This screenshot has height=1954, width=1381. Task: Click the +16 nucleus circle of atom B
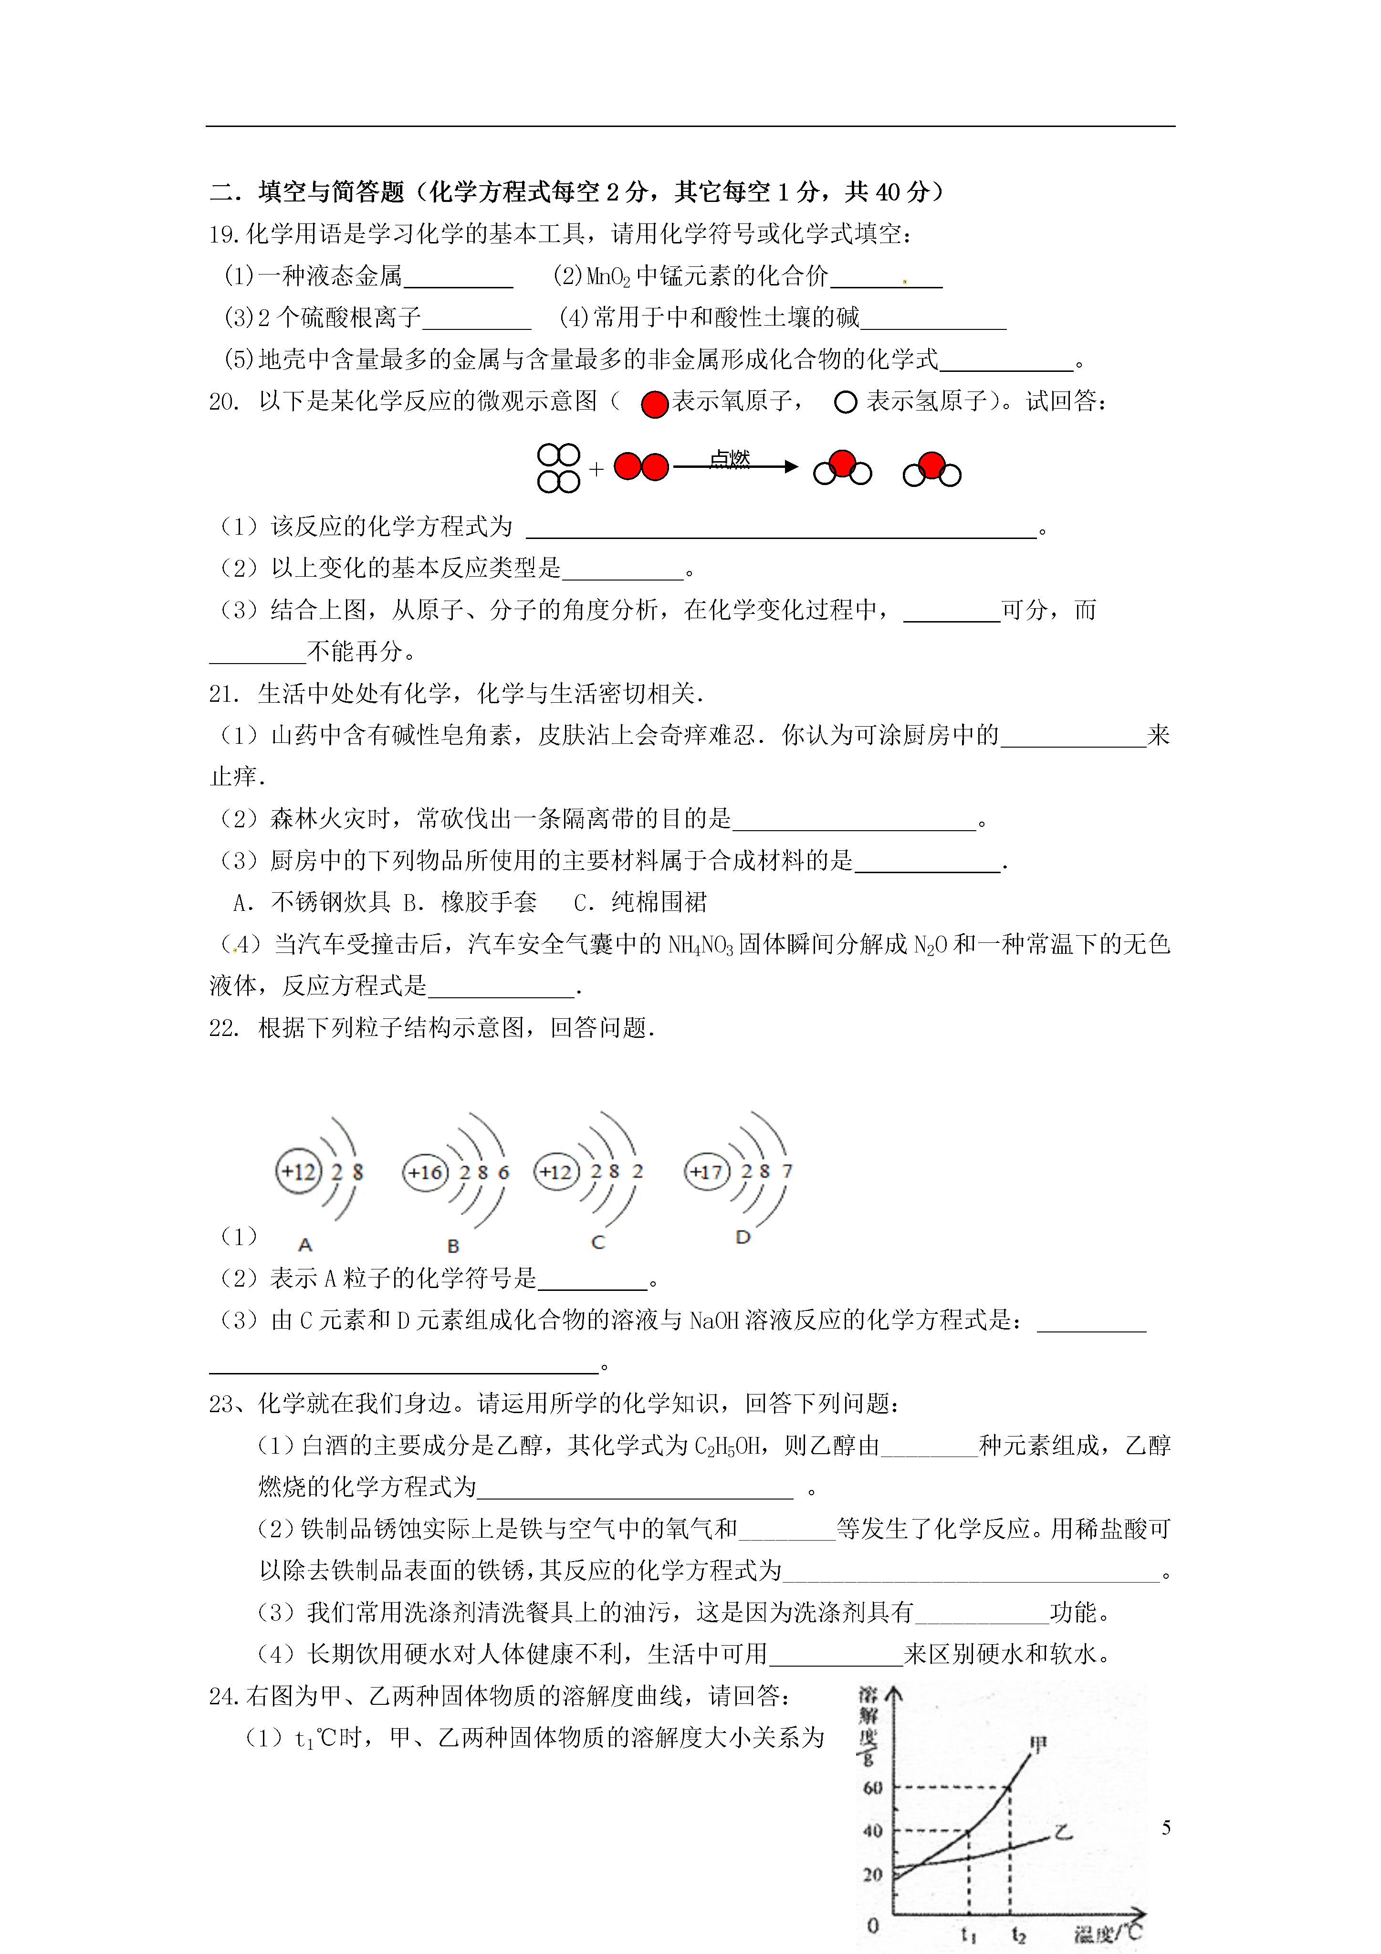(425, 1172)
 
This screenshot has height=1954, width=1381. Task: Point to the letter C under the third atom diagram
(598, 1243)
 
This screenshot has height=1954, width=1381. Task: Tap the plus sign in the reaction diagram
(596, 468)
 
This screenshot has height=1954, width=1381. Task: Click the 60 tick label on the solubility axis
(872, 1787)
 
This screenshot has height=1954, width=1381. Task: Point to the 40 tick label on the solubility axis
(872, 1831)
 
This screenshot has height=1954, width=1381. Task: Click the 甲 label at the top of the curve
(1038, 1744)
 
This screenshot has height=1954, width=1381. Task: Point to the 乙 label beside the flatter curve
(1064, 1831)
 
